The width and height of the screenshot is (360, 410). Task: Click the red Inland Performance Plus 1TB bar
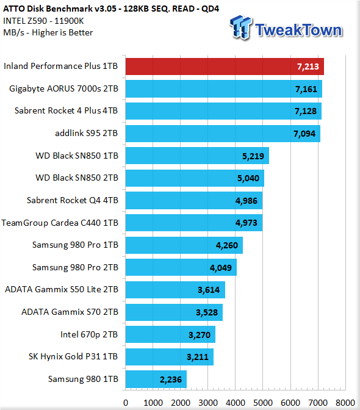point(225,67)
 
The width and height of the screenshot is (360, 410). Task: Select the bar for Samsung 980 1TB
point(156,379)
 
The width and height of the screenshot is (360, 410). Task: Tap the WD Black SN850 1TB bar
point(197,156)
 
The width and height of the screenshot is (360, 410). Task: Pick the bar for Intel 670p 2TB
point(170,334)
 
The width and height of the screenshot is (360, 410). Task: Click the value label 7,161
point(306,90)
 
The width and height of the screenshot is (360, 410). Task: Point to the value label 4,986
point(247,201)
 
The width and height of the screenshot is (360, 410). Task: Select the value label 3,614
point(209,290)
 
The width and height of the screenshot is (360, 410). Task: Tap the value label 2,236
point(171,379)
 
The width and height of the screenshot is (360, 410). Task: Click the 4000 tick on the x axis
point(236,403)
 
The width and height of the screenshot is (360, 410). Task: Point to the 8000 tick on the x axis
point(345,403)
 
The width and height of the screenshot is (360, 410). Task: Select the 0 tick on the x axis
point(126,403)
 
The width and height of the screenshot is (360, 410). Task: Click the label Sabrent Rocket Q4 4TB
point(73,200)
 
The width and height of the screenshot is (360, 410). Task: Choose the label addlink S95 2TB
point(87,134)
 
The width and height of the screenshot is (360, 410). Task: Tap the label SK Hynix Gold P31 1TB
point(73,357)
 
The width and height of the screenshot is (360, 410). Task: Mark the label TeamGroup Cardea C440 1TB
point(60,223)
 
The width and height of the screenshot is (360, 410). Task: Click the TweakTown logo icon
point(241,27)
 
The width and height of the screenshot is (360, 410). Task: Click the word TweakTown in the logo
point(298,30)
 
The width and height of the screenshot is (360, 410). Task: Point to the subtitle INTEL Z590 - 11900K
point(43,21)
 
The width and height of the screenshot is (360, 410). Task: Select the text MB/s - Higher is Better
point(48,33)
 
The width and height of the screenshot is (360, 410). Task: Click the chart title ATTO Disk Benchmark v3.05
point(60,9)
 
